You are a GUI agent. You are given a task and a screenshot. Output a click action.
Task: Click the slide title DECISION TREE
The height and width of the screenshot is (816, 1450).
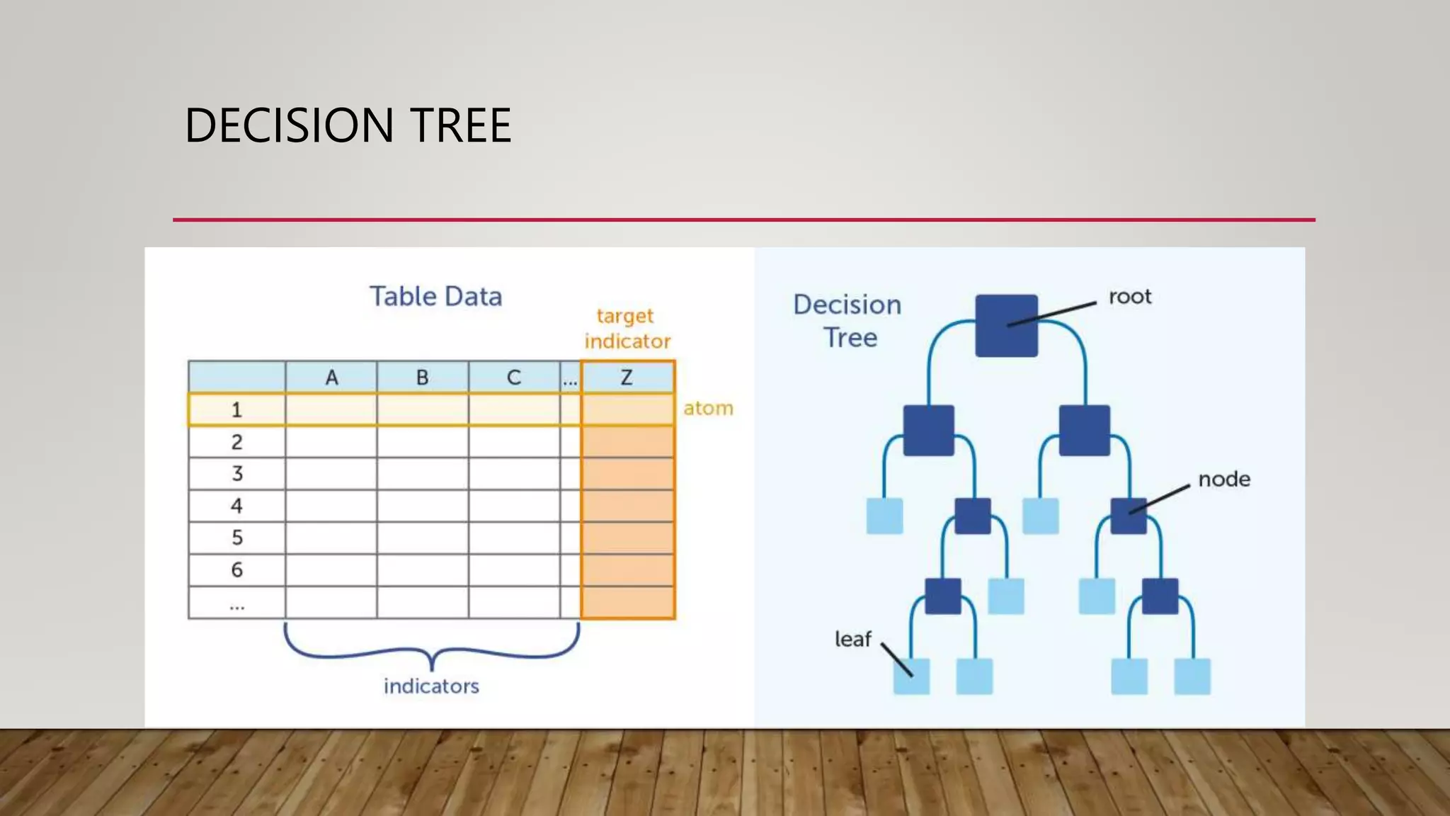pyautogui.click(x=348, y=125)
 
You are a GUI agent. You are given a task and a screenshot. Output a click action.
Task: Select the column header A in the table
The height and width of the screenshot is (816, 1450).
pyautogui.click(x=331, y=378)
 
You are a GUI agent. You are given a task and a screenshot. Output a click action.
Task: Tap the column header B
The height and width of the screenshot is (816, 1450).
pyautogui.click(x=422, y=378)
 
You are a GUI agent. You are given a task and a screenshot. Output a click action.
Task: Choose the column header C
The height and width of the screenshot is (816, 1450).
pyautogui.click(x=514, y=378)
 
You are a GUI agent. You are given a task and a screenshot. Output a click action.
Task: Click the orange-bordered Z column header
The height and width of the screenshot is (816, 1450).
pyautogui.click(x=627, y=378)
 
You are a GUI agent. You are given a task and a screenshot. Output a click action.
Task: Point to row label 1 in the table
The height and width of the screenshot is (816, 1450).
pyautogui.click(x=236, y=409)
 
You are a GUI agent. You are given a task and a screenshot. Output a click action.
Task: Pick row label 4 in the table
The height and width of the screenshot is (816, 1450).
pyautogui.click(x=236, y=506)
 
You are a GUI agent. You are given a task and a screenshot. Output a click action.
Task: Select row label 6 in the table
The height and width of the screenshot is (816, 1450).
pyautogui.click(x=236, y=569)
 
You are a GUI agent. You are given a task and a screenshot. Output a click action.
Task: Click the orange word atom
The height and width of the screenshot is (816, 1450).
pyautogui.click(x=708, y=408)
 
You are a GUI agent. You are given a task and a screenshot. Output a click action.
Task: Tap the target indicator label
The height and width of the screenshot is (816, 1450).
pyautogui.click(x=627, y=329)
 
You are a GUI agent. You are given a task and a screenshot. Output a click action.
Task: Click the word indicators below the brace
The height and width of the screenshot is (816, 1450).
pyautogui.click(x=431, y=686)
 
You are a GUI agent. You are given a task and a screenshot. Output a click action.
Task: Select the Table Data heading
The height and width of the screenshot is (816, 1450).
pyautogui.click(x=435, y=296)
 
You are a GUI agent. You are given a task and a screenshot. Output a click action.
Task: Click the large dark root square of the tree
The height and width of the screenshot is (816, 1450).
pyautogui.click(x=1006, y=326)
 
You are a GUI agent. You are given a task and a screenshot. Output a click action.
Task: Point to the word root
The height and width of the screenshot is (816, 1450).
pyautogui.click(x=1130, y=296)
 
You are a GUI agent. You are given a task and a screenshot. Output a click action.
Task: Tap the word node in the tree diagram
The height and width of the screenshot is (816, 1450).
pyautogui.click(x=1224, y=480)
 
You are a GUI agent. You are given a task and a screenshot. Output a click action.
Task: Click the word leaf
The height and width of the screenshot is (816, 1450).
pyautogui.click(x=852, y=639)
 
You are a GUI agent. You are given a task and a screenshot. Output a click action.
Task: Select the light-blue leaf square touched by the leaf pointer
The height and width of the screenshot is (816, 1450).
pyautogui.click(x=911, y=676)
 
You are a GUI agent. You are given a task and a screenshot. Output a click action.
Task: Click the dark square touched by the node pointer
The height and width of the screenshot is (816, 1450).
pyautogui.click(x=1129, y=516)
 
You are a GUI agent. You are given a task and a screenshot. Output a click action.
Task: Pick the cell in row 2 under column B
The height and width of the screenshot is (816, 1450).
pyautogui.click(x=422, y=442)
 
